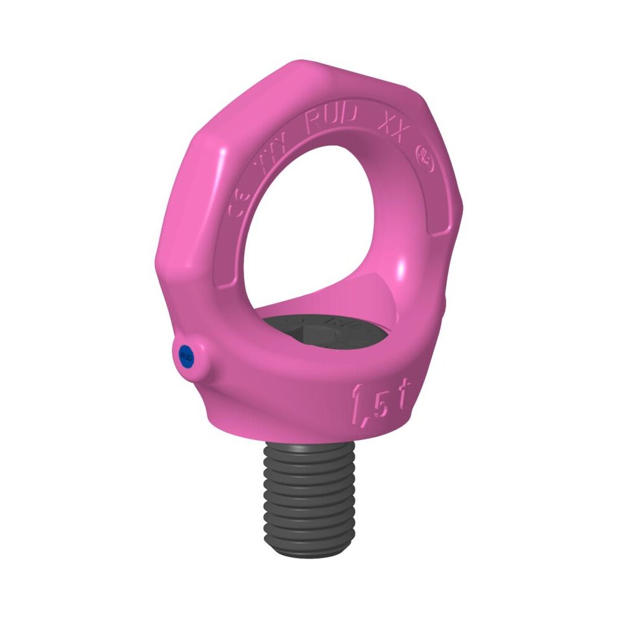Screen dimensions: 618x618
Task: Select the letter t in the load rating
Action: (x=403, y=400)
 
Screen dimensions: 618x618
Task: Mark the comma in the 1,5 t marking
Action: (x=368, y=420)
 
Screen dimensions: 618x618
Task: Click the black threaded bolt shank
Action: (x=309, y=494)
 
